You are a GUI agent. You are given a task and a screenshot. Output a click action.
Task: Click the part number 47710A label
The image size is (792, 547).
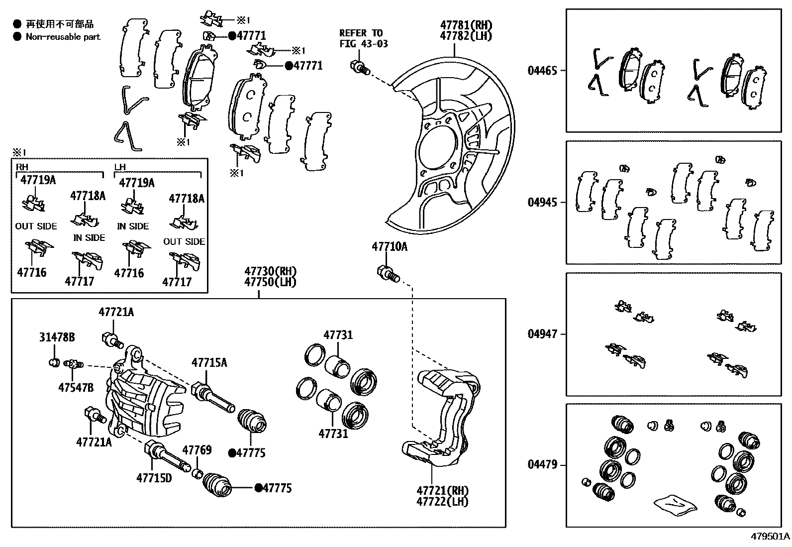point(390,246)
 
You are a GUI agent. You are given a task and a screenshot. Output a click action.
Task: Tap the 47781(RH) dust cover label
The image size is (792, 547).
point(466,25)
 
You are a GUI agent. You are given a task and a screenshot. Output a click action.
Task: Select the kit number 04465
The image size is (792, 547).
point(542,70)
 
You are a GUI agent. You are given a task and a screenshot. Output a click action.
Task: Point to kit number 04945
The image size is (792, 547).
point(542,203)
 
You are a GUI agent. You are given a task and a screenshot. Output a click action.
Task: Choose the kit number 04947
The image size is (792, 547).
point(542,334)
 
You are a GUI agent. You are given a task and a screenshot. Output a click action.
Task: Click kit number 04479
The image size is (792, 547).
point(542,465)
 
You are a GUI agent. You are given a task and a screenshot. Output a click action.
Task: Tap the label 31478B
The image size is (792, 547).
point(57,337)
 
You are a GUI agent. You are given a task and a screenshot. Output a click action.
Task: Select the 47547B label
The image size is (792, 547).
point(76,387)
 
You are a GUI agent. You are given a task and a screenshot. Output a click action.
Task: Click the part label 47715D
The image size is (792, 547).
point(154,478)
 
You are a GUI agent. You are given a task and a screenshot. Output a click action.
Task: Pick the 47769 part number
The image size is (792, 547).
point(197,450)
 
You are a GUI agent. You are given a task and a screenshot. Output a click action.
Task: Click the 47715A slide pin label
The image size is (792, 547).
point(209,362)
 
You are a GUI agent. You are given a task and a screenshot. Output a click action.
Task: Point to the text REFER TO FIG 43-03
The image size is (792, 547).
point(363,38)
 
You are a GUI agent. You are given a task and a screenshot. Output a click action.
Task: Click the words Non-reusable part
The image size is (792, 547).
point(63,36)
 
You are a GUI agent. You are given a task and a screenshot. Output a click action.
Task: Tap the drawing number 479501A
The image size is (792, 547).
point(770,537)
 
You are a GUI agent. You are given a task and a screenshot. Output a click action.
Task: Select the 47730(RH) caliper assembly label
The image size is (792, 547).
point(270,272)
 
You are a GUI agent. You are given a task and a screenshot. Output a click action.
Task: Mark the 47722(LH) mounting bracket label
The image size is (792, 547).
point(442,501)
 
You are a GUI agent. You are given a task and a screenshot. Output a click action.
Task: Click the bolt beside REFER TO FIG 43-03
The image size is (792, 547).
point(360,67)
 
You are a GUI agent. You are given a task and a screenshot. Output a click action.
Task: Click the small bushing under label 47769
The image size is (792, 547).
point(197,472)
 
